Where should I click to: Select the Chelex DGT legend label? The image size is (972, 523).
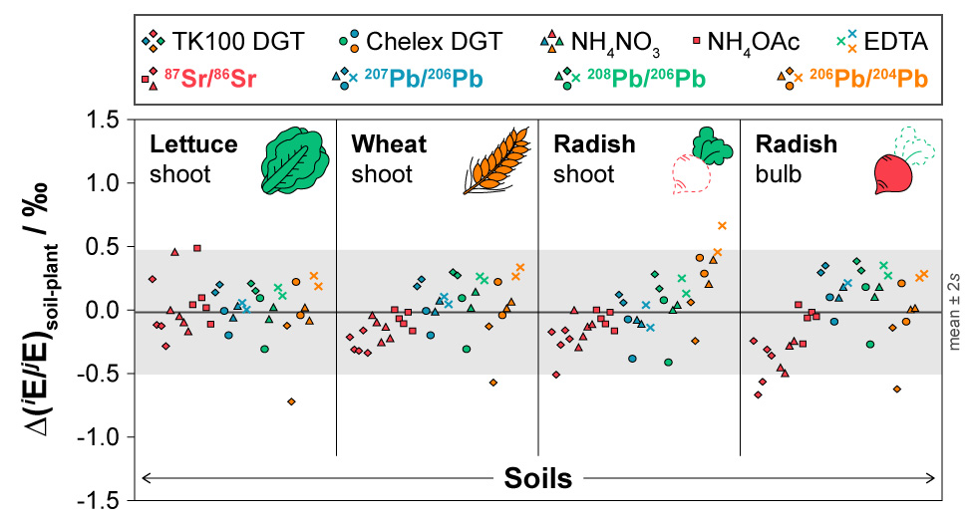pyautogui.click(x=434, y=42)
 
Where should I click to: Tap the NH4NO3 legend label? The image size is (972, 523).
pyautogui.click(x=615, y=44)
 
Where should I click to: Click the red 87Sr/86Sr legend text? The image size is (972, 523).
pyautogui.click(x=210, y=79)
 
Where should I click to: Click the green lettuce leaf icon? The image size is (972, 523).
pyautogui.click(x=294, y=159)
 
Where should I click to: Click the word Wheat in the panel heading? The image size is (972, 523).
pyautogui.click(x=389, y=144)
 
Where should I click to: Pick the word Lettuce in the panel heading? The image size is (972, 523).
pyautogui.click(x=193, y=144)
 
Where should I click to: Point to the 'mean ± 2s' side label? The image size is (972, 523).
pyautogui.click(x=954, y=310)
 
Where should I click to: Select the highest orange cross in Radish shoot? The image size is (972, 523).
pyautogui.click(x=722, y=225)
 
